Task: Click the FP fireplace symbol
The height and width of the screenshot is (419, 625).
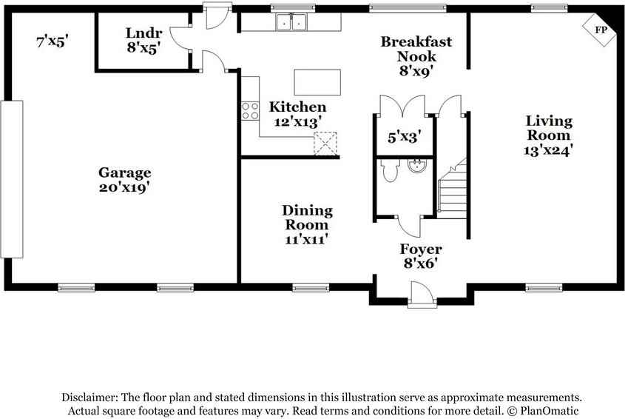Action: pos(600,30)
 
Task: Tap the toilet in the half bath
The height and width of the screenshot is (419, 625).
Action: pos(391,170)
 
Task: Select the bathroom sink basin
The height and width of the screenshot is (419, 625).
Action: pos(417,165)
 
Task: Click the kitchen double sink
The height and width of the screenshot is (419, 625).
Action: pos(291,22)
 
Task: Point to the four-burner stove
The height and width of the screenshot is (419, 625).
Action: pos(250,111)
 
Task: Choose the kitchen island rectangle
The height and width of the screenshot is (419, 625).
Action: pos(317,82)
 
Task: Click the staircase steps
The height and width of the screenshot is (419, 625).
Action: pos(453,188)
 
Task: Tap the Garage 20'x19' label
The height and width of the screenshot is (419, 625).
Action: pos(124,180)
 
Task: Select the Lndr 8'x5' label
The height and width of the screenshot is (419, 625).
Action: pos(143,40)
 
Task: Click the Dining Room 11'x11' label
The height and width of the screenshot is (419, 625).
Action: pos(307,224)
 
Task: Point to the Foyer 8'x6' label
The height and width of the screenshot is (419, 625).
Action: pos(421,256)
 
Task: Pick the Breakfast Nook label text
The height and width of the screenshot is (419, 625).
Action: pos(416,49)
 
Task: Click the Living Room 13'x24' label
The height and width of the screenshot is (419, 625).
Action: pos(549,135)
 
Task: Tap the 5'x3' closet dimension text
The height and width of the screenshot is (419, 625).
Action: pos(404,137)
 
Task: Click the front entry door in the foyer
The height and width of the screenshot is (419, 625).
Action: pos(422,295)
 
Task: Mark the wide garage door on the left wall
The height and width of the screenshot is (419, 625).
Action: pos(12,179)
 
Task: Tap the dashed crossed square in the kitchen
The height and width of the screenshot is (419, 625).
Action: pos(325,144)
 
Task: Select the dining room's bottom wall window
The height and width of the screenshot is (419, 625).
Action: pos(311,287)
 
